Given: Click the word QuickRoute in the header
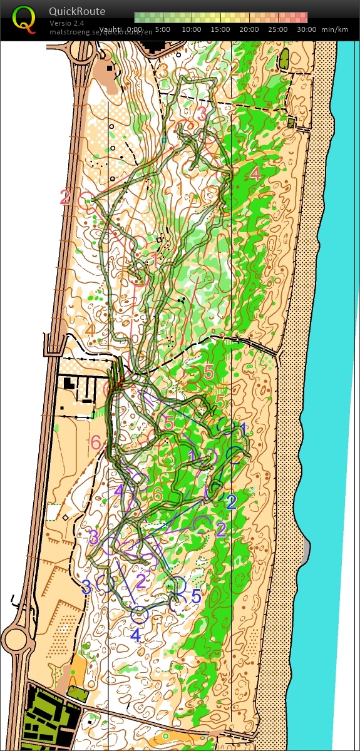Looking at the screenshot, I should point(77,11).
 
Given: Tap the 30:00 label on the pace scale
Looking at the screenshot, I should point(306,29).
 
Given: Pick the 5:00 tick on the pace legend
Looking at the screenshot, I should point(163,29).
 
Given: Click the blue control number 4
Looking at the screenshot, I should point(135,636).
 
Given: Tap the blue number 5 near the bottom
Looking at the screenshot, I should point(196,596).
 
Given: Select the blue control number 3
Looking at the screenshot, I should point(87,587).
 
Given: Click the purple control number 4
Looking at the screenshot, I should point(119,490).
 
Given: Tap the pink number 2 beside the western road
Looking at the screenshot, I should point(65,198).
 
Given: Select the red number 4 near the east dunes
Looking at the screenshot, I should point(255,173).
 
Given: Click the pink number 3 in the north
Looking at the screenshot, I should point(202,114).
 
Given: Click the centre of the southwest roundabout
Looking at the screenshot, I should point(15,640).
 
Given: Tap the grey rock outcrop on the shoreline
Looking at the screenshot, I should point(306,550).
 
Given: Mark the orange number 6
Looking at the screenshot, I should point(157,495).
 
